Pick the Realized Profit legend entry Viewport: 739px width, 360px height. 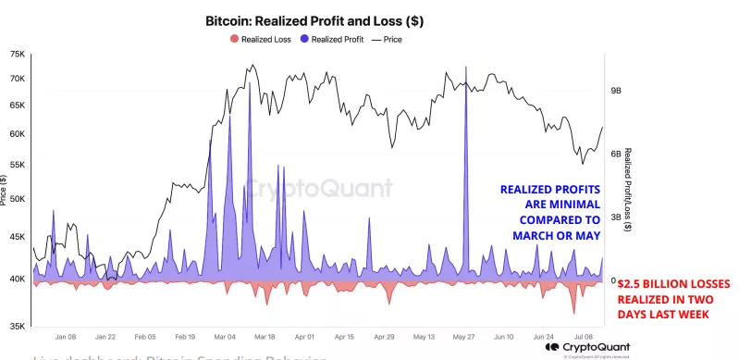tap(332, 39)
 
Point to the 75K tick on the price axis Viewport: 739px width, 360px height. tap(17, 55)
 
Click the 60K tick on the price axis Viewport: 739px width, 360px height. tap(17, 134)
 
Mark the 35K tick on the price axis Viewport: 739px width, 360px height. tap(17, 326)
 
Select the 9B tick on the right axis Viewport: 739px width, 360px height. tap(617, 92)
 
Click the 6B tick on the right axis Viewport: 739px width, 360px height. tap(617, 155)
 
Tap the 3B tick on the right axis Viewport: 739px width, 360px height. tap(617, 217)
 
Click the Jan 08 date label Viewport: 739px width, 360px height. tap(66, 338)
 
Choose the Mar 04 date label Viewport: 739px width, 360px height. tap(225, 338)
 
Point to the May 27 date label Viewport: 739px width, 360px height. tap(464, 338)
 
